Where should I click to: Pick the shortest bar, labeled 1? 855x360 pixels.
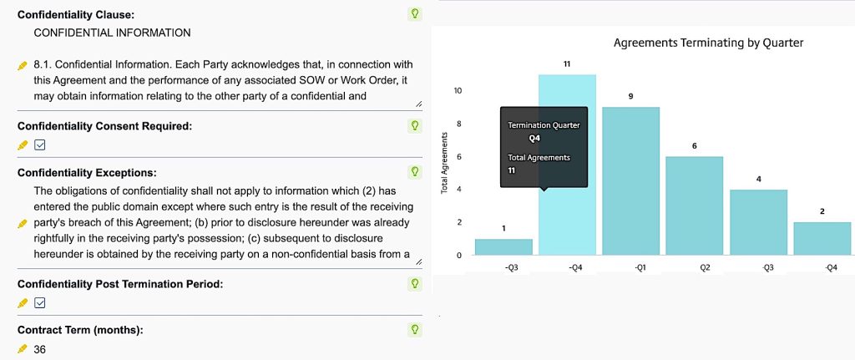[x=503, y=246]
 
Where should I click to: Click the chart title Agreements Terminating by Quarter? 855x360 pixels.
[x=708, y=43]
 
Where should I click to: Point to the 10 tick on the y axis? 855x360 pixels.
[x=458, y=90]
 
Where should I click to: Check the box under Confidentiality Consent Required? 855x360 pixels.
[x=39, y=145]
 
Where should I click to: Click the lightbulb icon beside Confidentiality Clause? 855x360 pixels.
[x=414, y=13]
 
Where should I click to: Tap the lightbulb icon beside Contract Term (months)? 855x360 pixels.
[x=414, y=330]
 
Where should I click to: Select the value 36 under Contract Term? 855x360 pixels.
[x=39, y=349]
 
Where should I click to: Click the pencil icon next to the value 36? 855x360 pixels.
[x=23, y=349]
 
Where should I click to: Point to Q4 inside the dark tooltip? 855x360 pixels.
[x=535, y=139]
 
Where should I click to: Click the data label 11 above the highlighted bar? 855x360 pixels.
[x=567, y=63]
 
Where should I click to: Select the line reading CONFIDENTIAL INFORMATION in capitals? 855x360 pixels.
[x=112, y=33]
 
